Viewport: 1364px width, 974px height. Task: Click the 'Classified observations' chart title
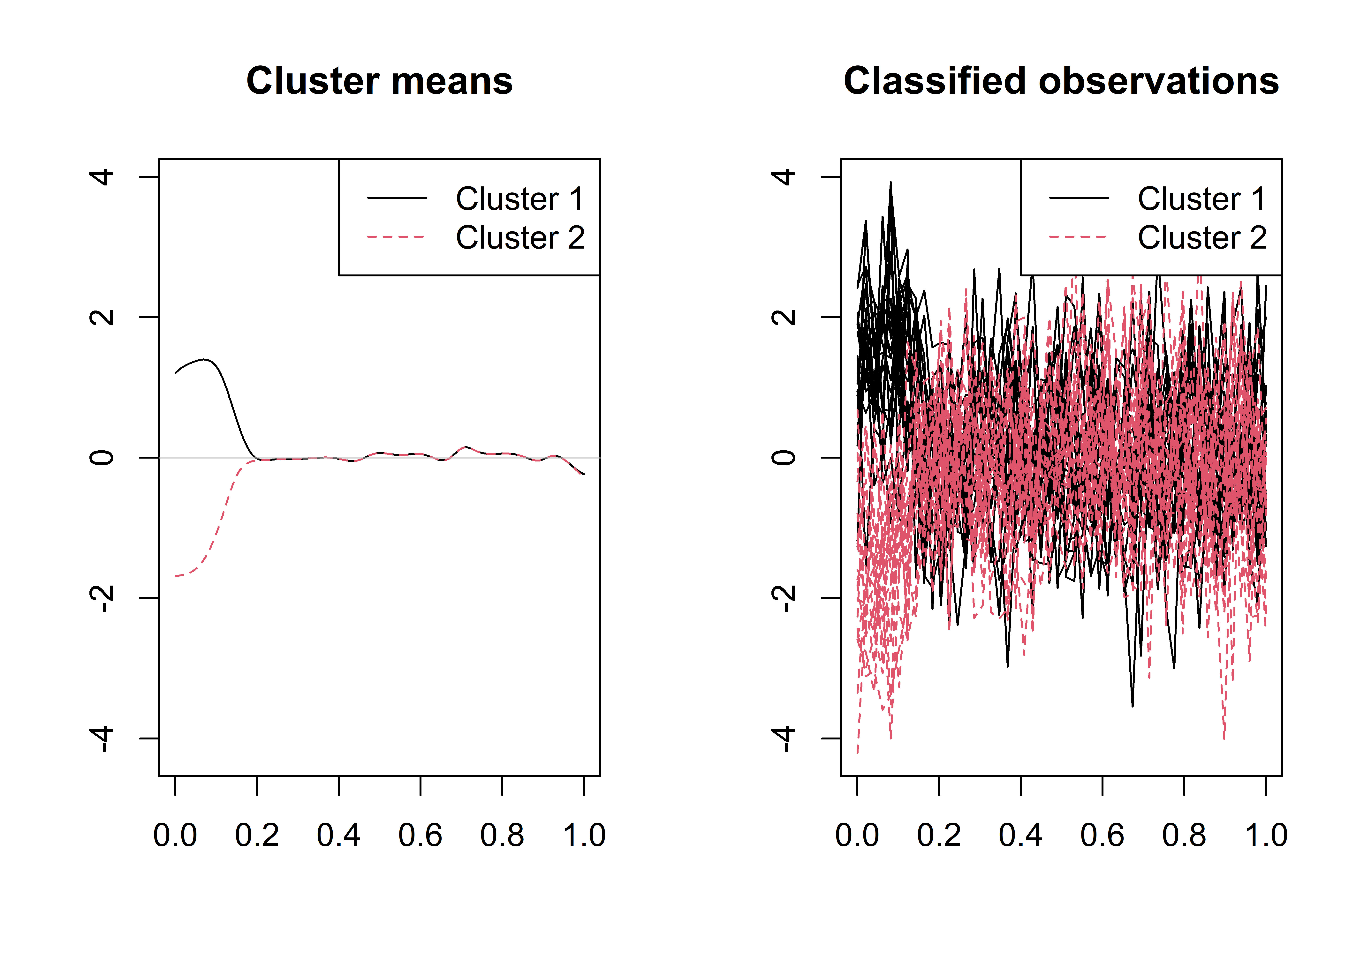click(1061, 81)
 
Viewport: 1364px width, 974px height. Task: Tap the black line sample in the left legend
click(397, 197)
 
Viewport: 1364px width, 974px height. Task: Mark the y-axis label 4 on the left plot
click(102, 177)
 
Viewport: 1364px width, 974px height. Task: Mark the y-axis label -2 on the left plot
click(102, 598)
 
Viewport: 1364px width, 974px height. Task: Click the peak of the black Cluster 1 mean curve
click(204, 360)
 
